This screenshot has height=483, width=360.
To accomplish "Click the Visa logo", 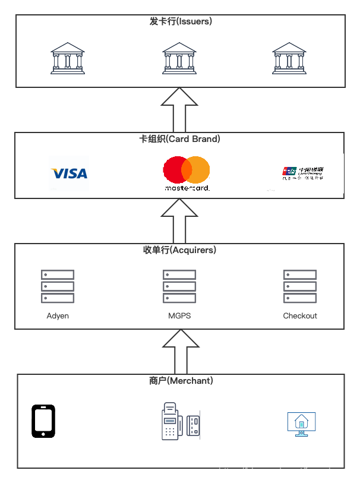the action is pyautogui.click(x=70, y=173).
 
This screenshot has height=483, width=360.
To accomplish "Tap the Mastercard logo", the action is pyautogui.click(x=187, y=172).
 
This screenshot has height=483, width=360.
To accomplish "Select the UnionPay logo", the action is pyautogui.click(x=303, y=172).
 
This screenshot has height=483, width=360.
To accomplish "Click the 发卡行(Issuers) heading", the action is pyautogui.click(x=181, y=21).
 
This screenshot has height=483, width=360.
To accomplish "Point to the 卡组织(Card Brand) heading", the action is pyautogui.click(x=179, y=139).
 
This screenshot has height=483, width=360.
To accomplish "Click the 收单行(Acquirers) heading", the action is pyautogui.click(x=179, y=250).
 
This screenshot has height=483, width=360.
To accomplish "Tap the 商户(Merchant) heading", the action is pyautogui.click(x=181, y=380).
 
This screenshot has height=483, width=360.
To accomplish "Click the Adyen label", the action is pyautogui.click(x=58, y=315).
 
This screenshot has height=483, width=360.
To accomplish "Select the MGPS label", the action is pyautogui.click(x=179, y=315).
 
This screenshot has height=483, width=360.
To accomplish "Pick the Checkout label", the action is pyautogui.click(x=300, y=315).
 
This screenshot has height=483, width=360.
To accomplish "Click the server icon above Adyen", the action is pyautogui.click(x=58, y=286).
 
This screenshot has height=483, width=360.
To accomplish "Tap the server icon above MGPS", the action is pyautogui.click(x=179, y=286).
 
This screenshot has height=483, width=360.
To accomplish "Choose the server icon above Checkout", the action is pyautogui.click(x=300, y=286).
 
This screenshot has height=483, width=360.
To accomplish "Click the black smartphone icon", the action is pyautogui.click(x=43, y=421).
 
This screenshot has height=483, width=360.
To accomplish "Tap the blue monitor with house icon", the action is pyautogui.click(x=301, y=424).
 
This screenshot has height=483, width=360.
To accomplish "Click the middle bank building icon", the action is pyautogui.click(x=179, y=58).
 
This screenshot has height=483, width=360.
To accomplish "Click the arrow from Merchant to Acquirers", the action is pyautogui.click(x=181, y=352).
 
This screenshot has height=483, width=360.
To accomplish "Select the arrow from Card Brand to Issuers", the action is pyautogui.click(x=181, y=111).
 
